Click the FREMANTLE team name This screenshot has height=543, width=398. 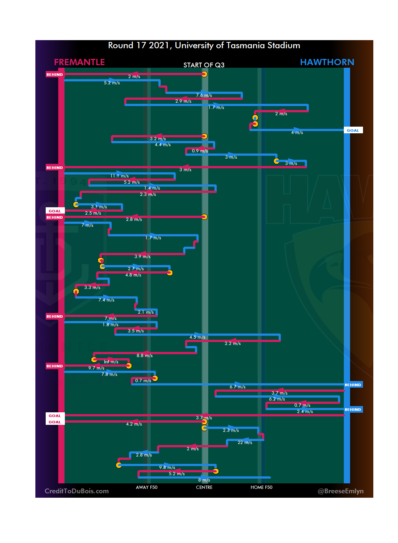(79, 62)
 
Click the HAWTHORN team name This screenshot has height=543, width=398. (327, 62)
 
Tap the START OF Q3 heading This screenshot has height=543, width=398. (204, 65)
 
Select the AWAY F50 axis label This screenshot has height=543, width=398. (146, 487)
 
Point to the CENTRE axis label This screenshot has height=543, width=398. (204, 487)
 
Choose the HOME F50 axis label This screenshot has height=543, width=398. (261, 487)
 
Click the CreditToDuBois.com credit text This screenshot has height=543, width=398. (77, 491)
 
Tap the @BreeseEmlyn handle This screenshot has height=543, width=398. (341, 491)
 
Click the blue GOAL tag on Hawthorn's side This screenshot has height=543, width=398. (353, 130)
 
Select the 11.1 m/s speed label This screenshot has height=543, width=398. (119, 176)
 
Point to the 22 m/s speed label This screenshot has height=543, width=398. (245, 442)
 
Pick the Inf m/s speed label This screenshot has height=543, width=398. (111, 362)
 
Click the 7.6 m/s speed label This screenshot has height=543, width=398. (204, 95)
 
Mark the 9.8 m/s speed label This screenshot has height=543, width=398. (167, 468)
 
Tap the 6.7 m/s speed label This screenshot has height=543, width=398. (237, 387)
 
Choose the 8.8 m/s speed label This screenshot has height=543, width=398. (144, 356)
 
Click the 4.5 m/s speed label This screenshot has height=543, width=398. (197, 337)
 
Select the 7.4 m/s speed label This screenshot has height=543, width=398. (106, 300)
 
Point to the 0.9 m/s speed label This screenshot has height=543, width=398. (200, 151)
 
